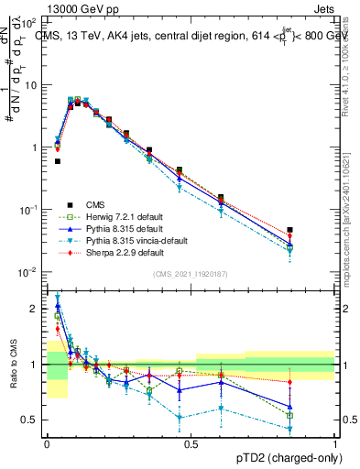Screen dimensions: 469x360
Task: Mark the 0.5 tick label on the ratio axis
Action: tap(33, 420)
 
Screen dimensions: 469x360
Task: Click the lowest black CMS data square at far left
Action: tap(57, 161)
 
